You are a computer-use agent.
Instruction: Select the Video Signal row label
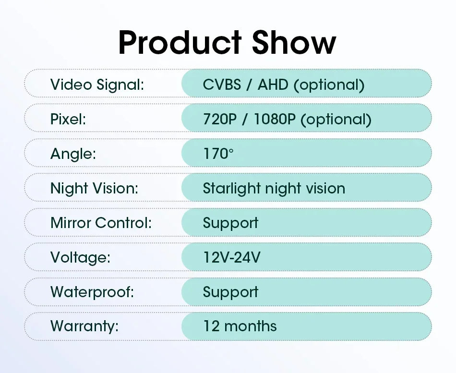pyautogui.click(x=97, y=85)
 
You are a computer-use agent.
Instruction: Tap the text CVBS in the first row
pyautogui.click(x=222, y=84)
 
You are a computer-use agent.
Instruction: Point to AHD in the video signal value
pyautogui.click(x=273, y=84)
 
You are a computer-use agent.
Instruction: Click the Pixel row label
pyautogui.click(x=68, y=119)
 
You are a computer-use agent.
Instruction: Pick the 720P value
pyautogui.click(x=220, y=119)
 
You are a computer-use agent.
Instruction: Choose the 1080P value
pyautogui.click(x=275, y=119)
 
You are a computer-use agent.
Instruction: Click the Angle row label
pyautogui.click(x=73, y=154)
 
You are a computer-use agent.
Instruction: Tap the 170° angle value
pyautogui.click(x=218, y=154)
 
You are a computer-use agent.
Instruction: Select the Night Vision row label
pyautogui.click(x=94, y=189)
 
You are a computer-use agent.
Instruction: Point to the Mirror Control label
pyautogui.click(x=101, y=223)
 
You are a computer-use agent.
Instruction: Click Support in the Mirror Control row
pyautogui.click(x=230, y=223)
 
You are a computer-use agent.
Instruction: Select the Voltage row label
pyautogui.click(x=80, y=258)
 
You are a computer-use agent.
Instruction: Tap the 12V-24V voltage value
pyautogui.click(x=231, y=257)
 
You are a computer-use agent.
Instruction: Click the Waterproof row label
pyautogui.click(x=92, y=292)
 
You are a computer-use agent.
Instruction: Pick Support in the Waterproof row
pyautogui.click(x=230, y=292)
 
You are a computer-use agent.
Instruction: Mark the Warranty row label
pyautogui.click(x=84, y=326)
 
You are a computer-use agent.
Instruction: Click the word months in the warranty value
pyautogui.click(x=251, y=326)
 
